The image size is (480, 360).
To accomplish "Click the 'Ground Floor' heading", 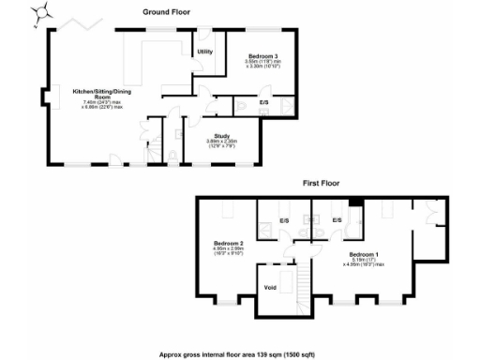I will tap(167, 11).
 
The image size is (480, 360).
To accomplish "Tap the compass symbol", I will tap(43, 14).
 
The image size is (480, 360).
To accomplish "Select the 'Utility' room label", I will tap(204, 52).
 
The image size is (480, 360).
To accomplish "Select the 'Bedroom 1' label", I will tap(364, 254).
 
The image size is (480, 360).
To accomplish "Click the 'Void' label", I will tap(270, 287).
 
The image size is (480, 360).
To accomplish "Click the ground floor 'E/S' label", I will tap(263, 101).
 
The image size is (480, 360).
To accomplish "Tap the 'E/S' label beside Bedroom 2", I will tap(284, 220).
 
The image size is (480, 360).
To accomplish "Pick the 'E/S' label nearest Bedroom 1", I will tap(337, 220).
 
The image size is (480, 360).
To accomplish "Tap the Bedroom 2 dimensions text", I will tap(229, 251).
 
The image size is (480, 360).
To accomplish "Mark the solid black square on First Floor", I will tap(355, 202).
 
